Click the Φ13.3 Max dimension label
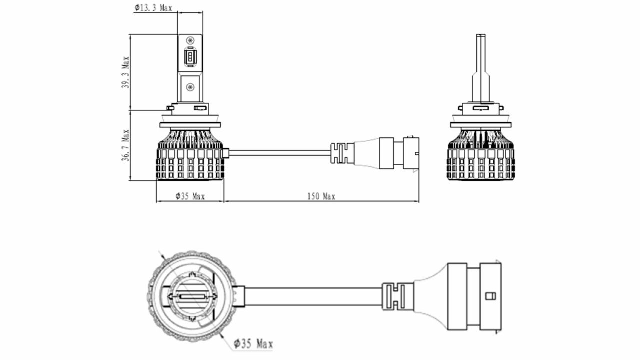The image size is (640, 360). click(153, 8)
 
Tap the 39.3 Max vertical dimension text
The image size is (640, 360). click(125, 72)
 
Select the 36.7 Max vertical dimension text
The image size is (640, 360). click(125, 145)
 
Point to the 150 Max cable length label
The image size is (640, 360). click(321, 196)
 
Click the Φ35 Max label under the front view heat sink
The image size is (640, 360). click(190, 196)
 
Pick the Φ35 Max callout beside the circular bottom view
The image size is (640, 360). click(253, 343)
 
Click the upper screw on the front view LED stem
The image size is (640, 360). click(190, 40)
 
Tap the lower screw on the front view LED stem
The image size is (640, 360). click(190, 87)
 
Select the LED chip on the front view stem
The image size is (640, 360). click(189, 57)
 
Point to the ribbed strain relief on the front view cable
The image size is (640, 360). click(342, 153)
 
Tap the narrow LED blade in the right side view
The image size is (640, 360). click(481, 68)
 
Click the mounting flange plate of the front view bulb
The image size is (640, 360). click(190, 125)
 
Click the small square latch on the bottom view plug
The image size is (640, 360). click(491, 296)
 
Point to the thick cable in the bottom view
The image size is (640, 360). click(313, 296)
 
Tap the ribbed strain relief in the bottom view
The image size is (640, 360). click(397, 296)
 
